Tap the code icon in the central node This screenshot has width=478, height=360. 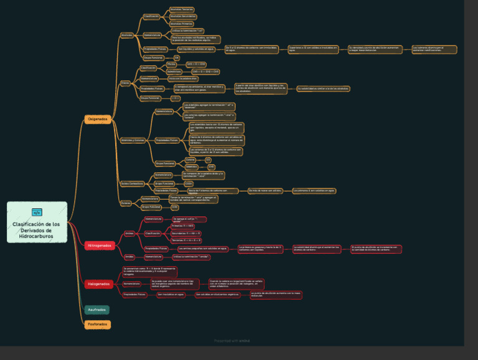coord(37,212)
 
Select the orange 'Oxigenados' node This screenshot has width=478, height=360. coord(98,119)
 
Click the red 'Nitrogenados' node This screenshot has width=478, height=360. coord(100,246)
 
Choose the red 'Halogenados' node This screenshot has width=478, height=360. coord(98,284)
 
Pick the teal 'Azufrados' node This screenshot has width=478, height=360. coord(97,309)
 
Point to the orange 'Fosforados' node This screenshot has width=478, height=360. coord(97,324)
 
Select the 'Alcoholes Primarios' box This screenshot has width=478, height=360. coord(182,24)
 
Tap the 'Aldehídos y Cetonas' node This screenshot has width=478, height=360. coord(132,140)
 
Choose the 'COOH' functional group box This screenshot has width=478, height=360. coord(188,183)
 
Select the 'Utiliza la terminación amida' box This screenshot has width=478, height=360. coord(191,256)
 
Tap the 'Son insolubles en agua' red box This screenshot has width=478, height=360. coord(171,294)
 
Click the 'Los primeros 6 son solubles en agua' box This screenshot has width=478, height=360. coord(314,190)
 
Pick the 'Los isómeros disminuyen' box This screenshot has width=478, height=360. coord(434,49)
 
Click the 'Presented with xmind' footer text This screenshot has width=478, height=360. coord(233,341)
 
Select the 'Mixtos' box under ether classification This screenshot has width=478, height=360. coord(171,64)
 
